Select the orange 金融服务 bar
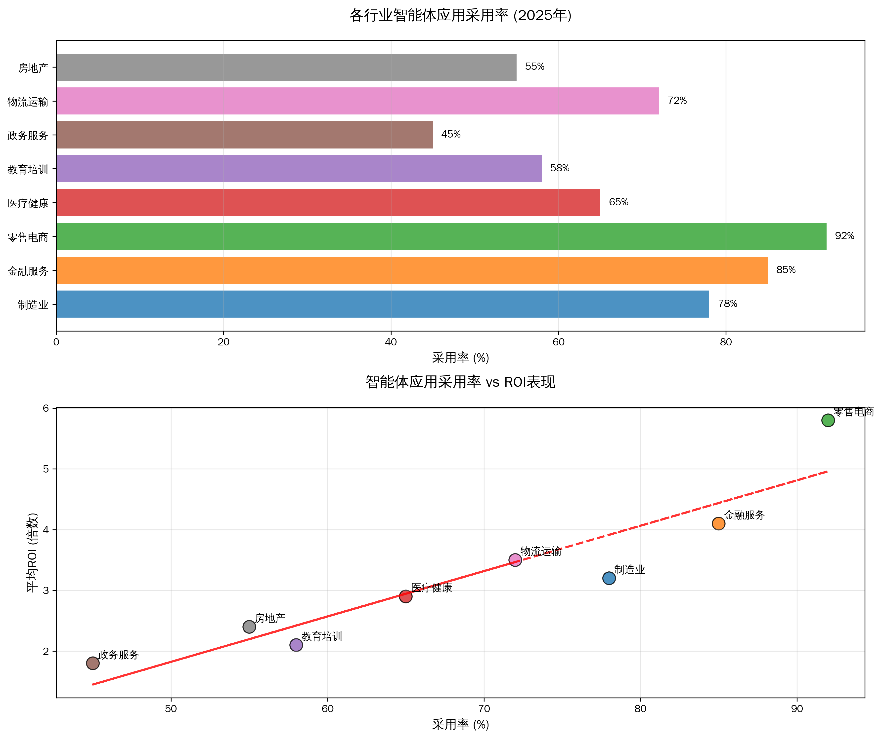[412, 270]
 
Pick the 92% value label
[844, 236]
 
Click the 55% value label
[534, 66]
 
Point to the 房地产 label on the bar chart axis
[33, 68]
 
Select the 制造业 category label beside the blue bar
[33, 305]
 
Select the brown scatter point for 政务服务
[93, 663]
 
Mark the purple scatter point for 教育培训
[296, 645]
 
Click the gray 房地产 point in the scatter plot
[249, 627]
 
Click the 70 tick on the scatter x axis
[484, 709]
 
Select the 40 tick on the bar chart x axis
[391, 342]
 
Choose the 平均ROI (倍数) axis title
[33, 552]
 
